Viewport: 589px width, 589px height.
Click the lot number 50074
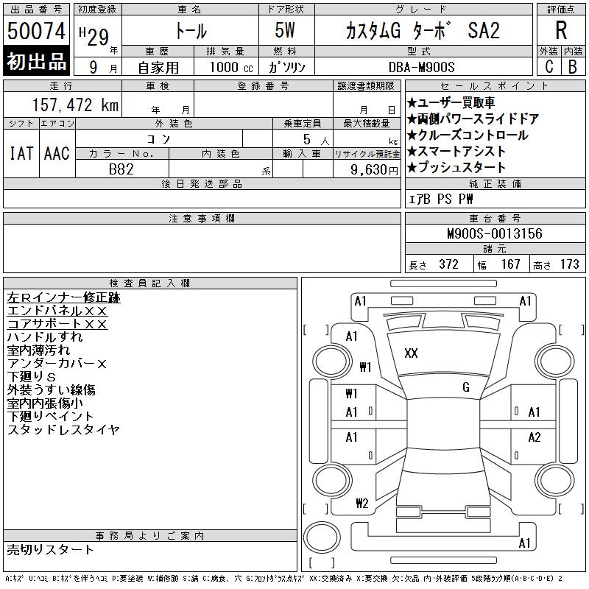point(36,30)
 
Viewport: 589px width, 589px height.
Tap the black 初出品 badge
point(36,60)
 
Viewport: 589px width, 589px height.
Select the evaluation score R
point(561,30)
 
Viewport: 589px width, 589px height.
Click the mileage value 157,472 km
point(76,105)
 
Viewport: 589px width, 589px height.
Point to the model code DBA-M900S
point(421,67)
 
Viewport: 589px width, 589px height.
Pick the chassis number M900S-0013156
point(495,233)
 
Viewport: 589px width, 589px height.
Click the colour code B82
point(121,169)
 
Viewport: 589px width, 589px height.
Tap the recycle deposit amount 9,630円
point(374,170)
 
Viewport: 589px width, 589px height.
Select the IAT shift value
point(21,153)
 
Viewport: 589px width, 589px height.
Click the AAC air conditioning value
point(57,153)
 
